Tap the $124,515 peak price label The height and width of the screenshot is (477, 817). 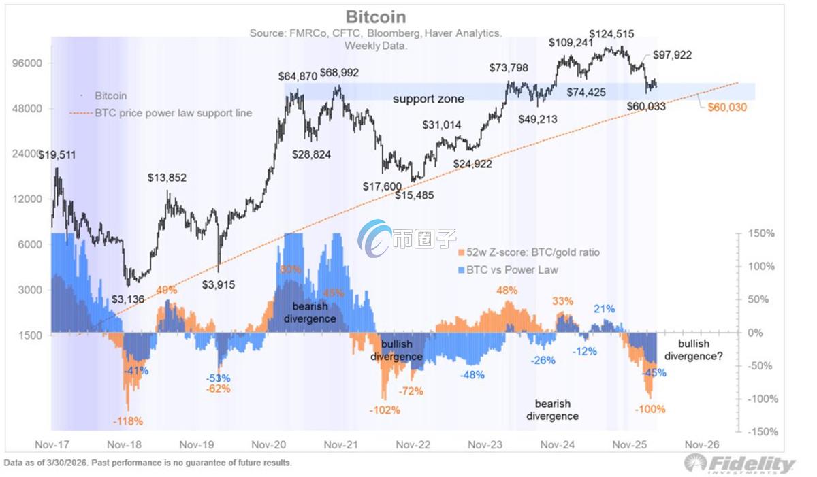tap(611, 33)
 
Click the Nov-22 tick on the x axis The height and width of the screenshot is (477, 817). tap(413, 444)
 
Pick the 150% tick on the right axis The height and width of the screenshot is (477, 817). tap(761, 233)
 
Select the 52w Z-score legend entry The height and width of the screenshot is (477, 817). tap(532, 253)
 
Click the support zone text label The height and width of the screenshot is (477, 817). tap(428, 99)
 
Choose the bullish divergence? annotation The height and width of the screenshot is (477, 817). tap(694, 350)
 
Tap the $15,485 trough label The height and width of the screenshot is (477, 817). tap(415, 195)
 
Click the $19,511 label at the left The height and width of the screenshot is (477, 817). tap(57, 155)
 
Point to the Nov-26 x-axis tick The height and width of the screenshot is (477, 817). tap(702, 444)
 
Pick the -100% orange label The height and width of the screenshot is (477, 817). tap(650, 409)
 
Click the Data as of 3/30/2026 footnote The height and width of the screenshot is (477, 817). tap(148, 463)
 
